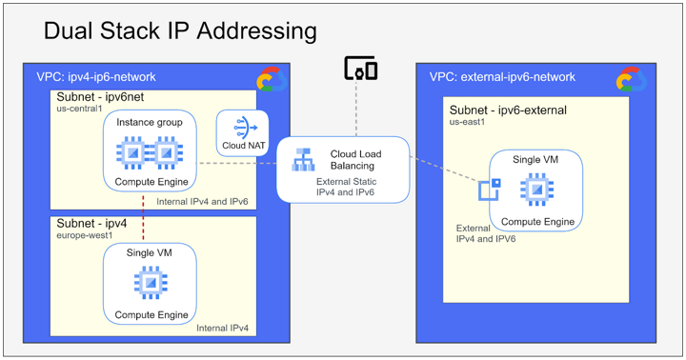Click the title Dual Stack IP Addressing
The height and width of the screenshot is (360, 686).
[180, 31]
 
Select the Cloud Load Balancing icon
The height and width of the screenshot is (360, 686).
[304, 159]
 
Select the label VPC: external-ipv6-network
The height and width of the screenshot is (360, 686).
[502, 76]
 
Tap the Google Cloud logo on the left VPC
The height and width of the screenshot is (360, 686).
[271, 79]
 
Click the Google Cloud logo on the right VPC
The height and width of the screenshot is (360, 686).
[631, 79]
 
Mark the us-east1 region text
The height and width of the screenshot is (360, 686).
[468, 123]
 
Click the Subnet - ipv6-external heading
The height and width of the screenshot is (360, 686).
[508, 110]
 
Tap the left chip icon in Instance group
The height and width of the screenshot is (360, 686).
[131, 152]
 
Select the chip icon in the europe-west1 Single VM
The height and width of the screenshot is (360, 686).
[150, 282]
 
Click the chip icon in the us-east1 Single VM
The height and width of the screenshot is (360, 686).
[537, 190]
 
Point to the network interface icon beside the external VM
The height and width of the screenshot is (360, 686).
[490, 190]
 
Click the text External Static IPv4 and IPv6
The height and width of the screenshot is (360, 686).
[345, 187]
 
